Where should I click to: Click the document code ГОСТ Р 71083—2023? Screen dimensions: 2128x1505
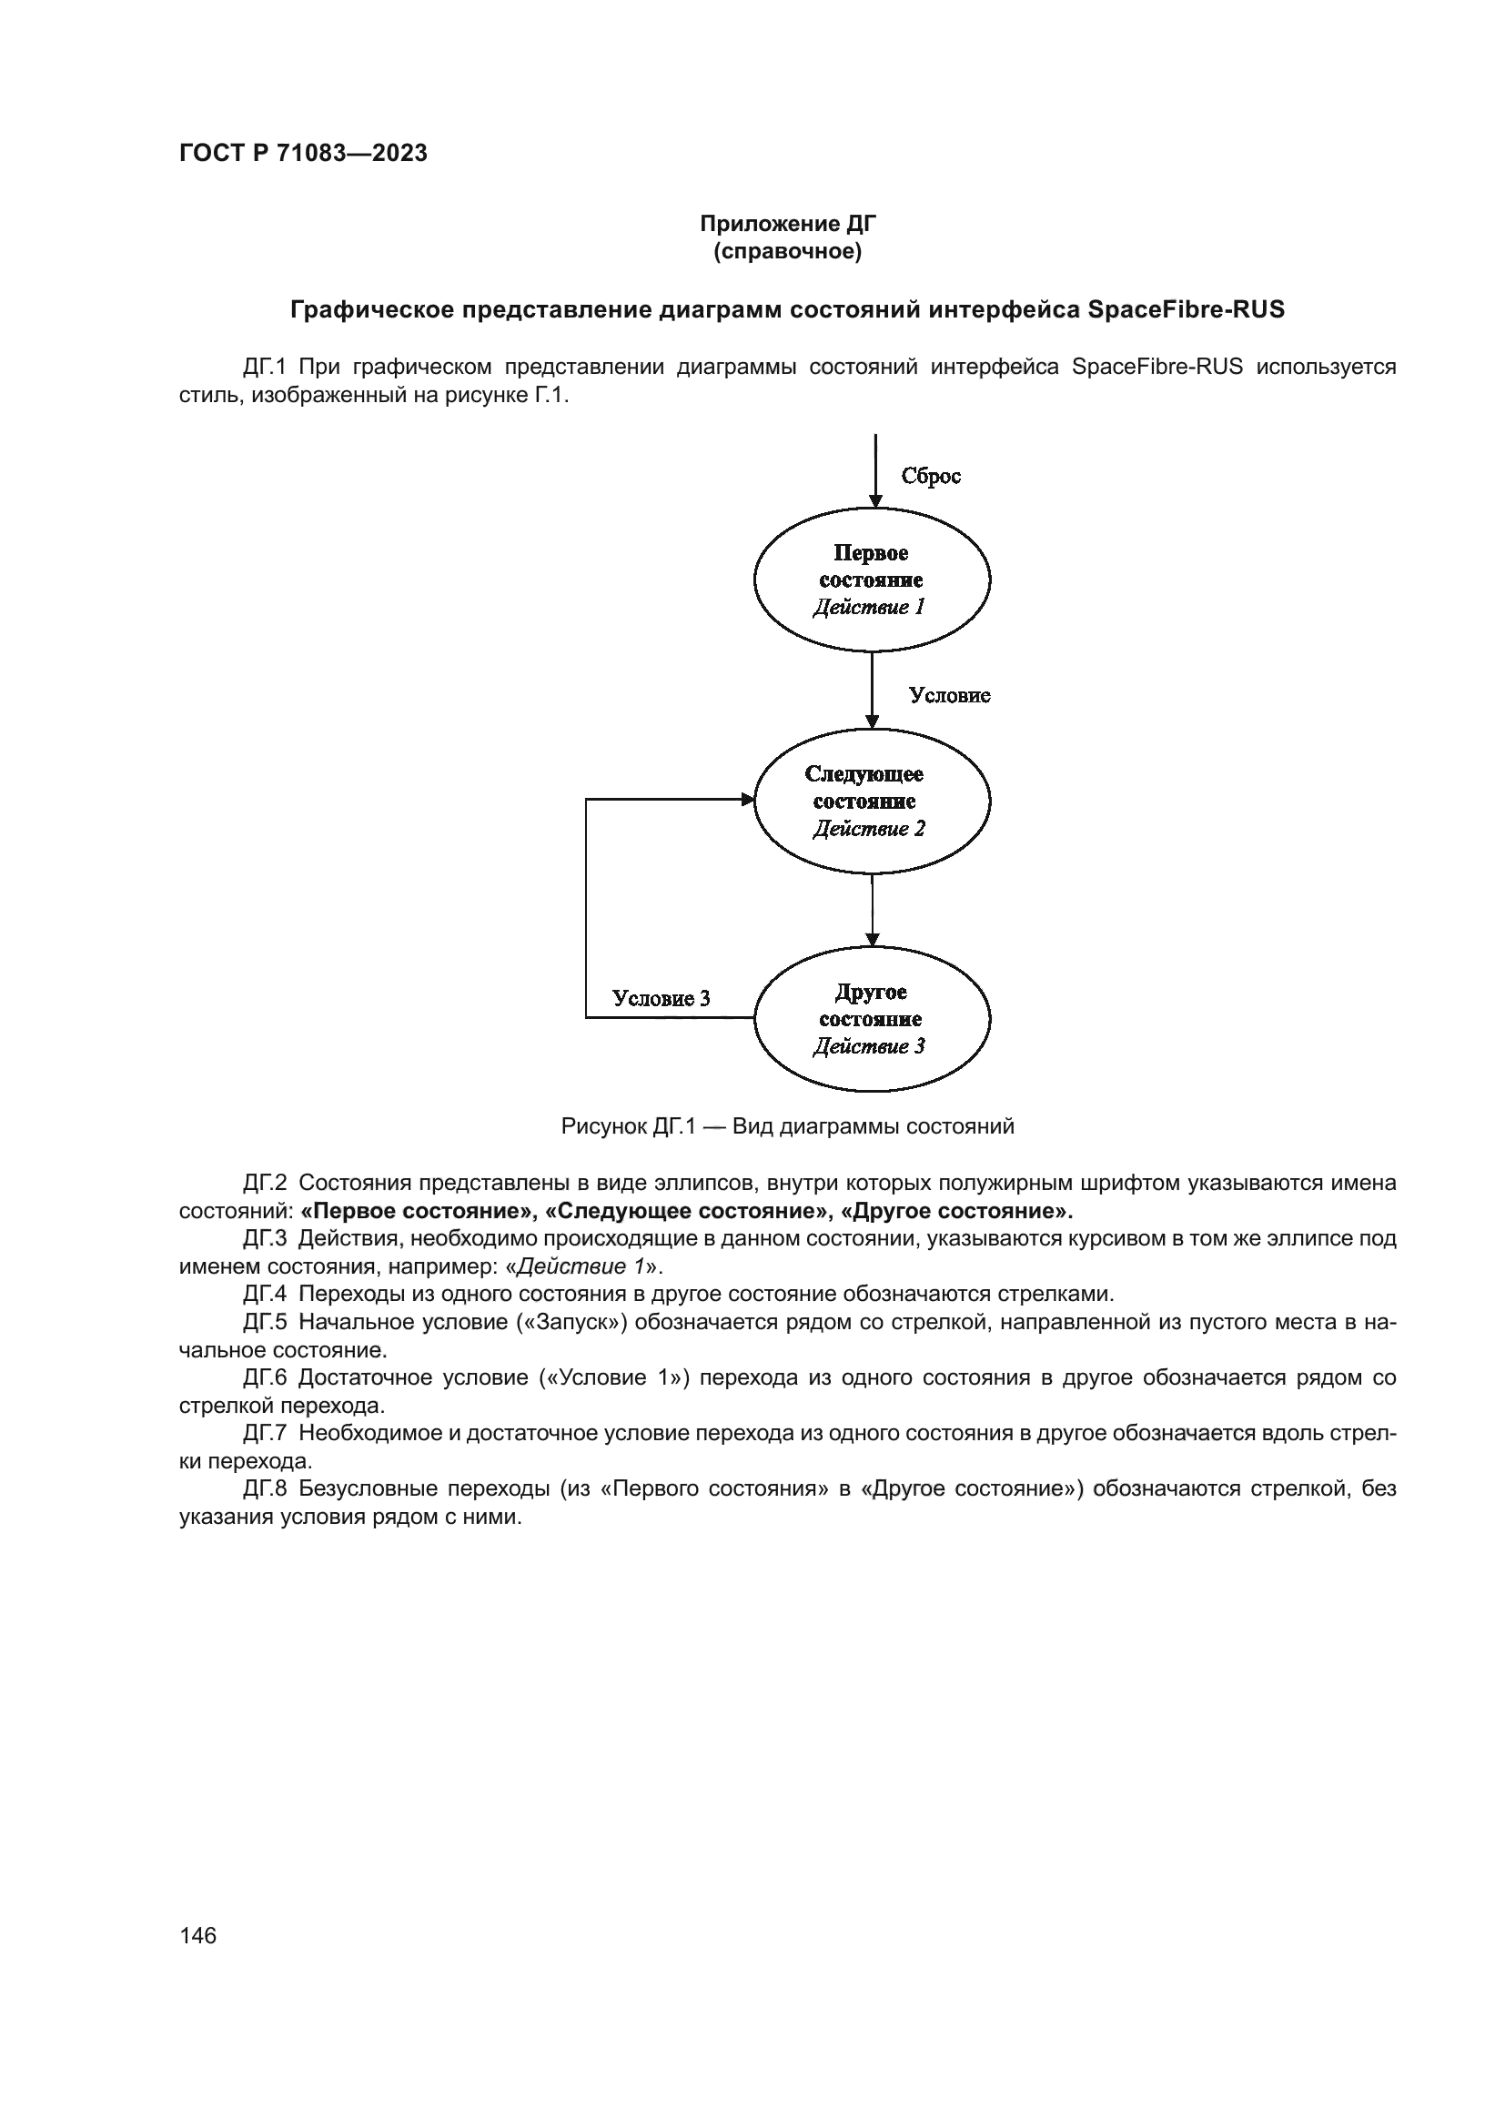[303, 153]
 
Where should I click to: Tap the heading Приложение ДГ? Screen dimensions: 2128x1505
[788, 224]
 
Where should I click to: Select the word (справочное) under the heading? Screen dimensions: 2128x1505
[788, 251]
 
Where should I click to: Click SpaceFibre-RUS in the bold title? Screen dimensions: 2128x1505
[1186, 309]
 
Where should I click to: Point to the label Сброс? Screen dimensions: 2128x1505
[931, 476]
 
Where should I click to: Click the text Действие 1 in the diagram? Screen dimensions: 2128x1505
[868, 607]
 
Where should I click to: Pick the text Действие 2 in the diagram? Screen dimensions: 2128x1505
[868, 829]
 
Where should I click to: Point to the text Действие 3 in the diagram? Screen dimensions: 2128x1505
[868, 1046]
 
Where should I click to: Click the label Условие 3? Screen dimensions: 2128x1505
[661, 998]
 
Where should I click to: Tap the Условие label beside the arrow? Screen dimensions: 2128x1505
[949, 695]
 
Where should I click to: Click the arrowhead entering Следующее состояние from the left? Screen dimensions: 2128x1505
[748, 799]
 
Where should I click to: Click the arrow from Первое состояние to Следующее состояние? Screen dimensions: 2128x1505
[872, 691]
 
